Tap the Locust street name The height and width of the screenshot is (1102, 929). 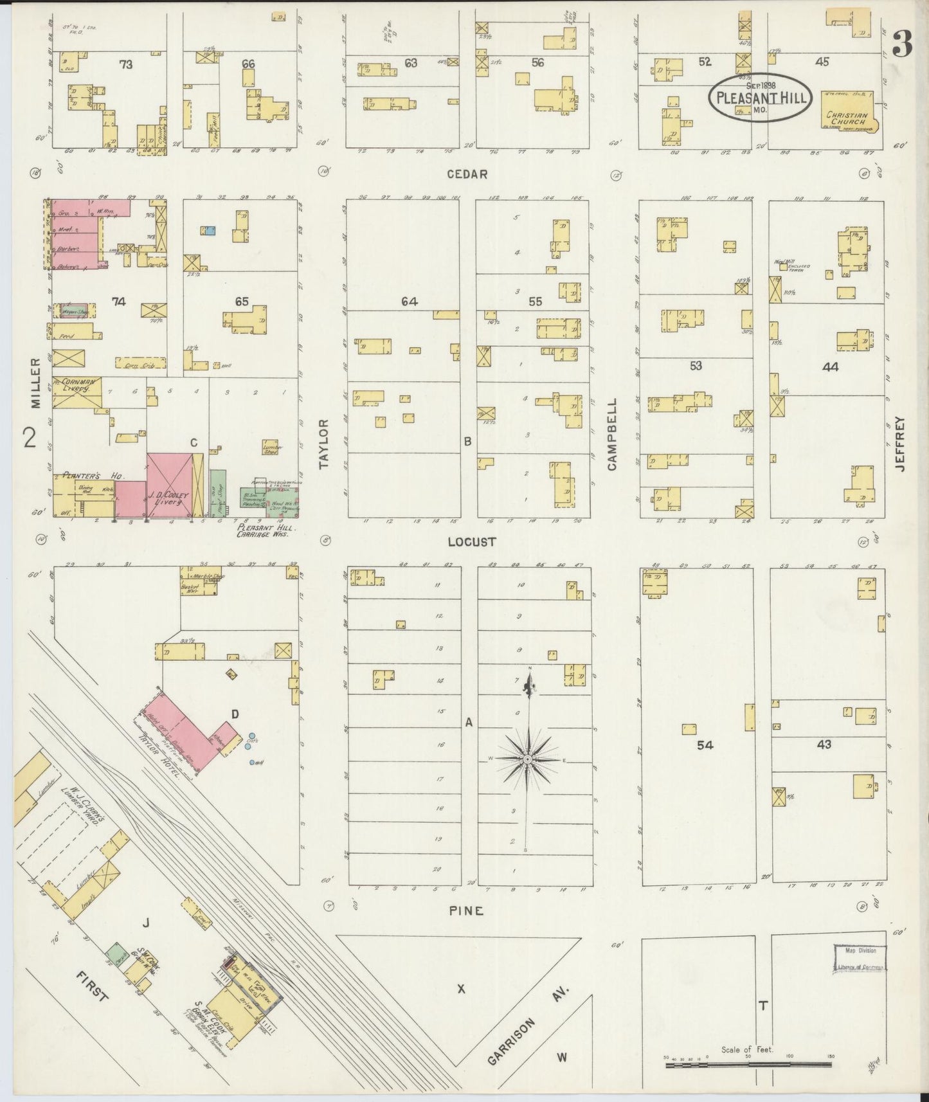click(x=472, y=542)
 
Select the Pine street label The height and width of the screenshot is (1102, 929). click(x=466, y=910)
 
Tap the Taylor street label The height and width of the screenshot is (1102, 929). click(x=323, y=444)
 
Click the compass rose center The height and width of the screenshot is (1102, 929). click(x=527, y=759)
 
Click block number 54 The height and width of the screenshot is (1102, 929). click(x=705, y=745)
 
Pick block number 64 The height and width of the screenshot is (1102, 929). click(x=410, y=301)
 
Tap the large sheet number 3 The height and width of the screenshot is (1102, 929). click(x=903, y=45)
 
